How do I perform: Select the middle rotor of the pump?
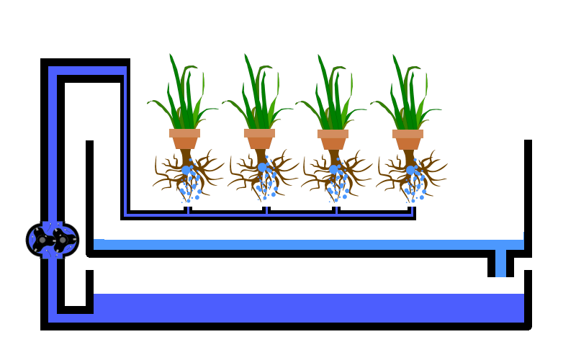tap(42, 240)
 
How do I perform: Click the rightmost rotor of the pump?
tap(64, 240)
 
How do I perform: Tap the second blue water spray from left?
tap(269, 72)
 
